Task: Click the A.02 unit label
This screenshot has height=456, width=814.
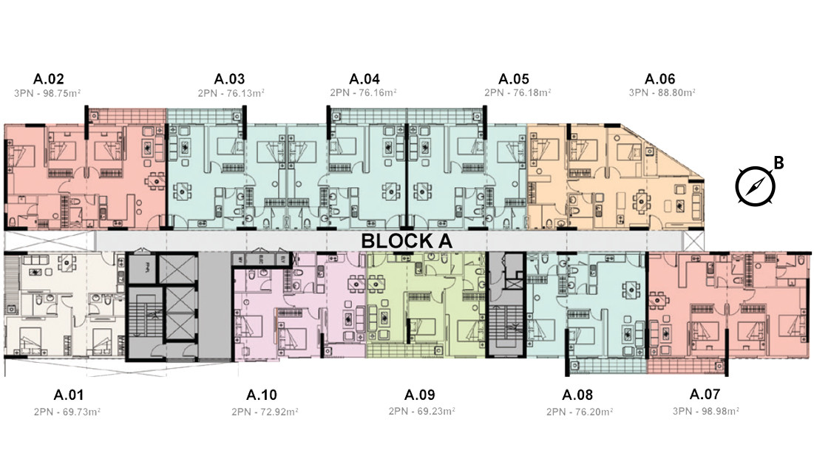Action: pos(49,79)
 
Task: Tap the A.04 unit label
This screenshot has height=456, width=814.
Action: pos(364,79)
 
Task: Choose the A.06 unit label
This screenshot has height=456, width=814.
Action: pos(660,79)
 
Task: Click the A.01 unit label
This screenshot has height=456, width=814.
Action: pos(69,395)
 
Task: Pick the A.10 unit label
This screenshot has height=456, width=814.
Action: pos(262,395)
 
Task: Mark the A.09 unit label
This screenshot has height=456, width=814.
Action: pos(420,395)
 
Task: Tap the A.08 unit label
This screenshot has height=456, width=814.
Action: pos(577,395)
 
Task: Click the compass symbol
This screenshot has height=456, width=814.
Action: pos(754,185)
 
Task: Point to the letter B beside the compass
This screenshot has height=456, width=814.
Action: pos(778,161)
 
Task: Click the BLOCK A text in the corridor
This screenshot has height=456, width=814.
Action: pos(406,241)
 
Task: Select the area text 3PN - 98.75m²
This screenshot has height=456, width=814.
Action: pos(47,93)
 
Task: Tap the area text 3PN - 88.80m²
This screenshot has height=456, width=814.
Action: pos(661,93)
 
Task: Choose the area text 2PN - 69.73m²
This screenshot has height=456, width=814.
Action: pos(68,411)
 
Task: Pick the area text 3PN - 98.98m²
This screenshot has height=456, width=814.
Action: pos(707,411)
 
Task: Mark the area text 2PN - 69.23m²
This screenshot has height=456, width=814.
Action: pos(421,411)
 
